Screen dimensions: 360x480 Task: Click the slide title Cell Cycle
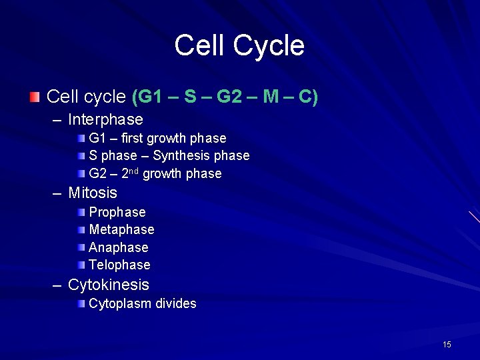[239, 46]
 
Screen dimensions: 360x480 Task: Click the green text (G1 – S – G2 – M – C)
[225, 97]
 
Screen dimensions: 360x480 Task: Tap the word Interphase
[105, 120]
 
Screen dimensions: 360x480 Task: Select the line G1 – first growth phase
[157, 139]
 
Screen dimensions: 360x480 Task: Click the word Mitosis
[93, 193]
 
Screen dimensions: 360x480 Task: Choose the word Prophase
[117, 213]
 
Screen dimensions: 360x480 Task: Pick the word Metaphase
[121, 230]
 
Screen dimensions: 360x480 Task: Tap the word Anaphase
[119, 247]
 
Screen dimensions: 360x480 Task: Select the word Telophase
[119, 265]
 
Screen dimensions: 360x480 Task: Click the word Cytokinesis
[109, 285]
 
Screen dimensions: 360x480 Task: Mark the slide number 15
[447, 345]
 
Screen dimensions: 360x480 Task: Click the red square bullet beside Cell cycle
[34, 97]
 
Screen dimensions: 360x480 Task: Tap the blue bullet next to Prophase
[81, 212]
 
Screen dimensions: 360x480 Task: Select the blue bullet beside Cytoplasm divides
[81, 303]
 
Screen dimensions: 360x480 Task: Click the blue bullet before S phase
[81, 155]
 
